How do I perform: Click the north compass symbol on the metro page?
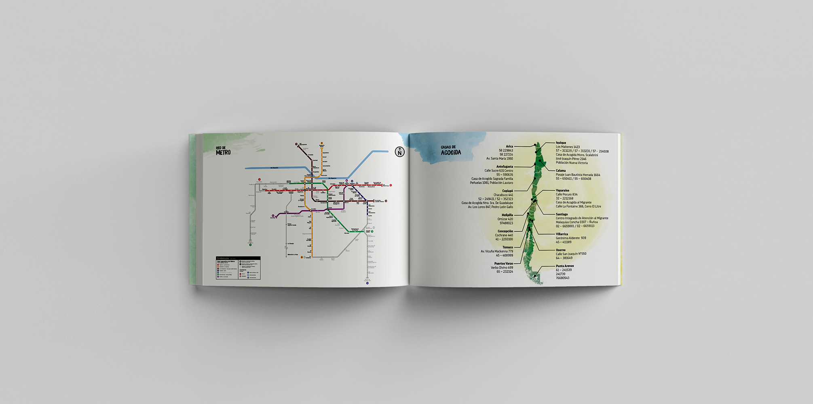pos(399,151)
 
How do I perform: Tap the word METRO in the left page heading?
pos(223,153)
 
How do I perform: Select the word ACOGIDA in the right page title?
pos(451,153)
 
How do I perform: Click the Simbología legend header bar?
pos(238,258)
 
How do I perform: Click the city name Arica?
pos(509,147)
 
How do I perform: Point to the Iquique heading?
pos(561,143)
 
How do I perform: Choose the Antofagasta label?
pos(505,166)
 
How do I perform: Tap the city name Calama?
pos(561,170)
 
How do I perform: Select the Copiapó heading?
pos(507,191)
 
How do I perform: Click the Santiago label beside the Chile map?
pos(562,214)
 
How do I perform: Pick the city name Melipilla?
pos(507,215)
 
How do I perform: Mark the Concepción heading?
pos(505,231)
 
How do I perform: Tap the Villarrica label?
pos(562,234)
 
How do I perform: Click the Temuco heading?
pos(507,247)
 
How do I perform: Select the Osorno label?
pos(560,250)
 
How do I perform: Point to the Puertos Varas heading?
pos(503,263)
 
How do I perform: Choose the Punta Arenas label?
pos(564,266)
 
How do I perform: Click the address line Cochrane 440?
pos(504,235)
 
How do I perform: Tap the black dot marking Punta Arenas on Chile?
pos(535,276)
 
